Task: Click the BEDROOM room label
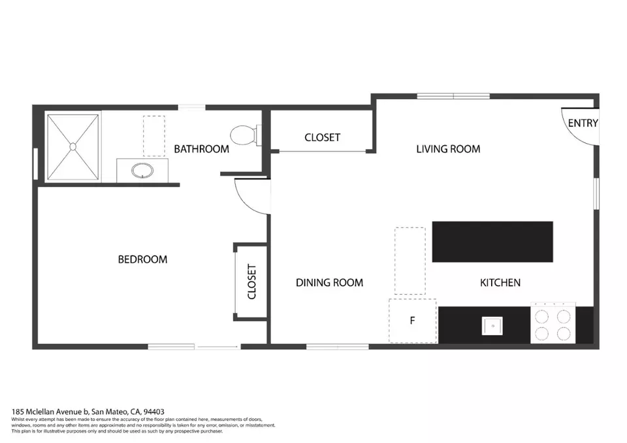tap(142, 259)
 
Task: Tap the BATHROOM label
tap(201, 149)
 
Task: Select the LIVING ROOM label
tap(448, 149)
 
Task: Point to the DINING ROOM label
tap(329, 282)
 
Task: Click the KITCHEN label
tap(500, 282)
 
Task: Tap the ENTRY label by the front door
tap(583, 123)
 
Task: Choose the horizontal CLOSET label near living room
tap(322, 137)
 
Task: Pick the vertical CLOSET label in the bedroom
tap(252, 282)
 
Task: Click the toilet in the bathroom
tap(246, 135)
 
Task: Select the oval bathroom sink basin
tap(143, 172)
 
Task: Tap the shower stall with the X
tap(72, 147)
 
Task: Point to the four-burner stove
tap(553, 323)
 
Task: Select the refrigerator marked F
tap(413, 321)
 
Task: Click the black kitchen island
tap(492, 242)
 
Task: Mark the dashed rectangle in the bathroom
tap(153, 136)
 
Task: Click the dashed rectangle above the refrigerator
tap(410, 261)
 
